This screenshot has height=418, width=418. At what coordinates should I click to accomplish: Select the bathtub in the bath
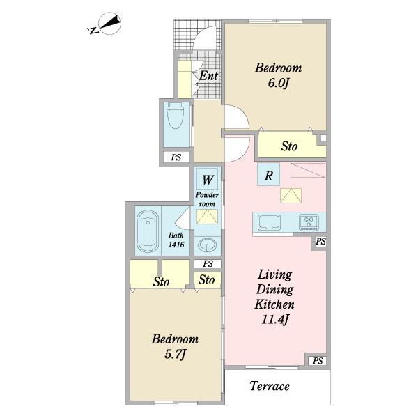point(148,231)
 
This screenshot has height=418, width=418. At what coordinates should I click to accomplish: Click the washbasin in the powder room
point(208,245)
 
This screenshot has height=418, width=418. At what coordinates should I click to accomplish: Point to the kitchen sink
point(269,222)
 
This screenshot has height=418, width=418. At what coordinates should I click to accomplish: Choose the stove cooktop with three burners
point(309,222)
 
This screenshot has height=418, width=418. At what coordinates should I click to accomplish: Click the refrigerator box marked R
point(268,174)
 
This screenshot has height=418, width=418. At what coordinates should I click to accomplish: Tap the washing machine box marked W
point(208,179)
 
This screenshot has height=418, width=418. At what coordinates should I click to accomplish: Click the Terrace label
point(270,386)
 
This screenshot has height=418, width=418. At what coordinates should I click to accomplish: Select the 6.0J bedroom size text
point(278,83)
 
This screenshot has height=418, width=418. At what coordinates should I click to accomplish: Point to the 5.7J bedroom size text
point(175,355)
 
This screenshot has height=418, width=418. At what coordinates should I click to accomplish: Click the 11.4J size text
point(275,319)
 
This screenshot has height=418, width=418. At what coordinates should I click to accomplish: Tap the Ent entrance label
point(209,76)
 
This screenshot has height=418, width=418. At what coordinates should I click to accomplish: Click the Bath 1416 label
point(176,240)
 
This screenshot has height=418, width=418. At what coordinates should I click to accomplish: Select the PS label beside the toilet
point(176,157)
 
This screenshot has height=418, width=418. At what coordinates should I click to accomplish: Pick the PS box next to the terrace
point(318,361)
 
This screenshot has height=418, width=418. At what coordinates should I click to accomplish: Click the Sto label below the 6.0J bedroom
point(289,146)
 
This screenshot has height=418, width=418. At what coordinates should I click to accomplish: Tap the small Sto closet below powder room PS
point(207,280)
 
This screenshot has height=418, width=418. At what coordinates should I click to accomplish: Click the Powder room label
point(207,199)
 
